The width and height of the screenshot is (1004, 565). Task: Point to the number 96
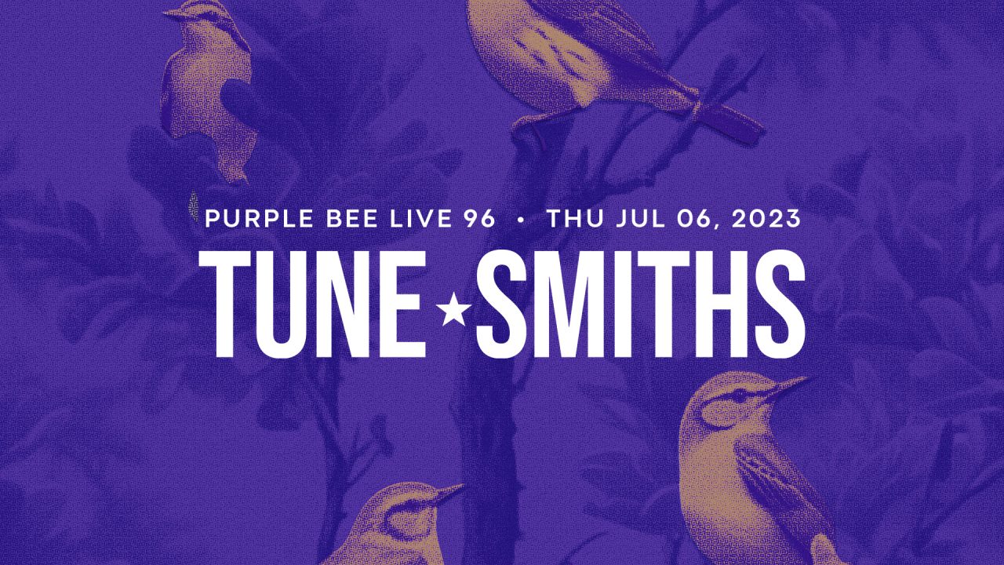(478, 219)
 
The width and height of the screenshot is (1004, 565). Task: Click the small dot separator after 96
(521, 220)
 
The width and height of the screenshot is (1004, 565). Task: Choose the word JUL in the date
(641, 219)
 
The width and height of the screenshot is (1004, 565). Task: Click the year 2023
(766, 219)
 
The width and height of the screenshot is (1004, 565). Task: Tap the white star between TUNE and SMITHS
(453, 309)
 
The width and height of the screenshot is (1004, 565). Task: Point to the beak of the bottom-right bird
(789, 385)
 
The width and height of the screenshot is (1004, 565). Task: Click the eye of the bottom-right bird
(740, 395)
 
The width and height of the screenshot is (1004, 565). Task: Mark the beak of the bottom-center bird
(448, 492)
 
